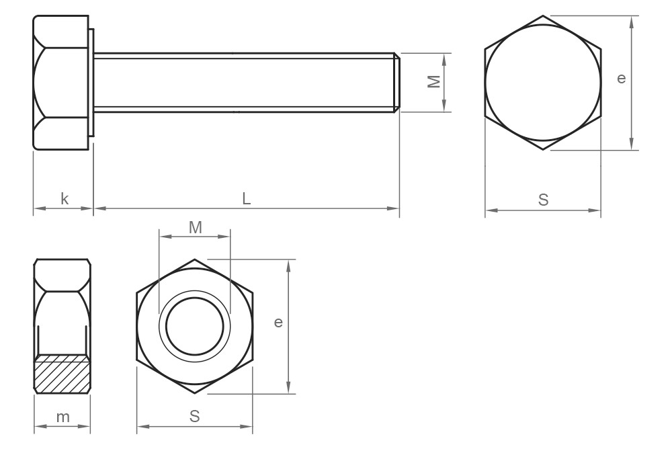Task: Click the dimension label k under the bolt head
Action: click(65, 199)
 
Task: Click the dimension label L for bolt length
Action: click(247, 199)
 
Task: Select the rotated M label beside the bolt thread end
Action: click(434, 81)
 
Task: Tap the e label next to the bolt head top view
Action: click(621, 79)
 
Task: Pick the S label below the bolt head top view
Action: click(544, 200)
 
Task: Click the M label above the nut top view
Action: click(195, 228)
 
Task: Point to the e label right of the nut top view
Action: click(278, 323)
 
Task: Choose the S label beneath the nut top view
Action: click(195, 417)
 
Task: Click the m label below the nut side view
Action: click(62, 417)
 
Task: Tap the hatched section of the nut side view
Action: click(62, 374)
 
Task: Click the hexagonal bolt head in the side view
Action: click(60, 82)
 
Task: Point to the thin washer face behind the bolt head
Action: click(91, 82)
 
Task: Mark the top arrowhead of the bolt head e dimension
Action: click(631, 21)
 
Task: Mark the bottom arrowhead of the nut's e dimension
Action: click(288, 388)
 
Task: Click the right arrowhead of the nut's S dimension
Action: click(248, 426)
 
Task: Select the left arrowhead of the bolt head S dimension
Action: click(491, 210)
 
